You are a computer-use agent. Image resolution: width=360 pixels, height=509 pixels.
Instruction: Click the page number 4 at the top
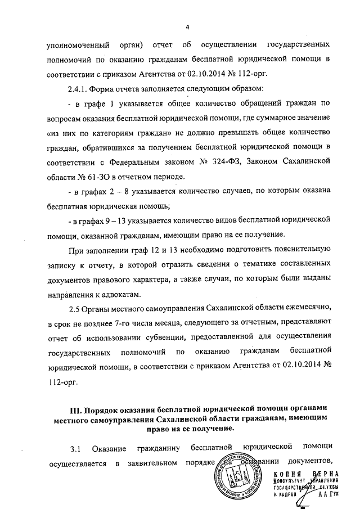(188, 27)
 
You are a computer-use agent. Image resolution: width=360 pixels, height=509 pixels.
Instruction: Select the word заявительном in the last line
(151, 465)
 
